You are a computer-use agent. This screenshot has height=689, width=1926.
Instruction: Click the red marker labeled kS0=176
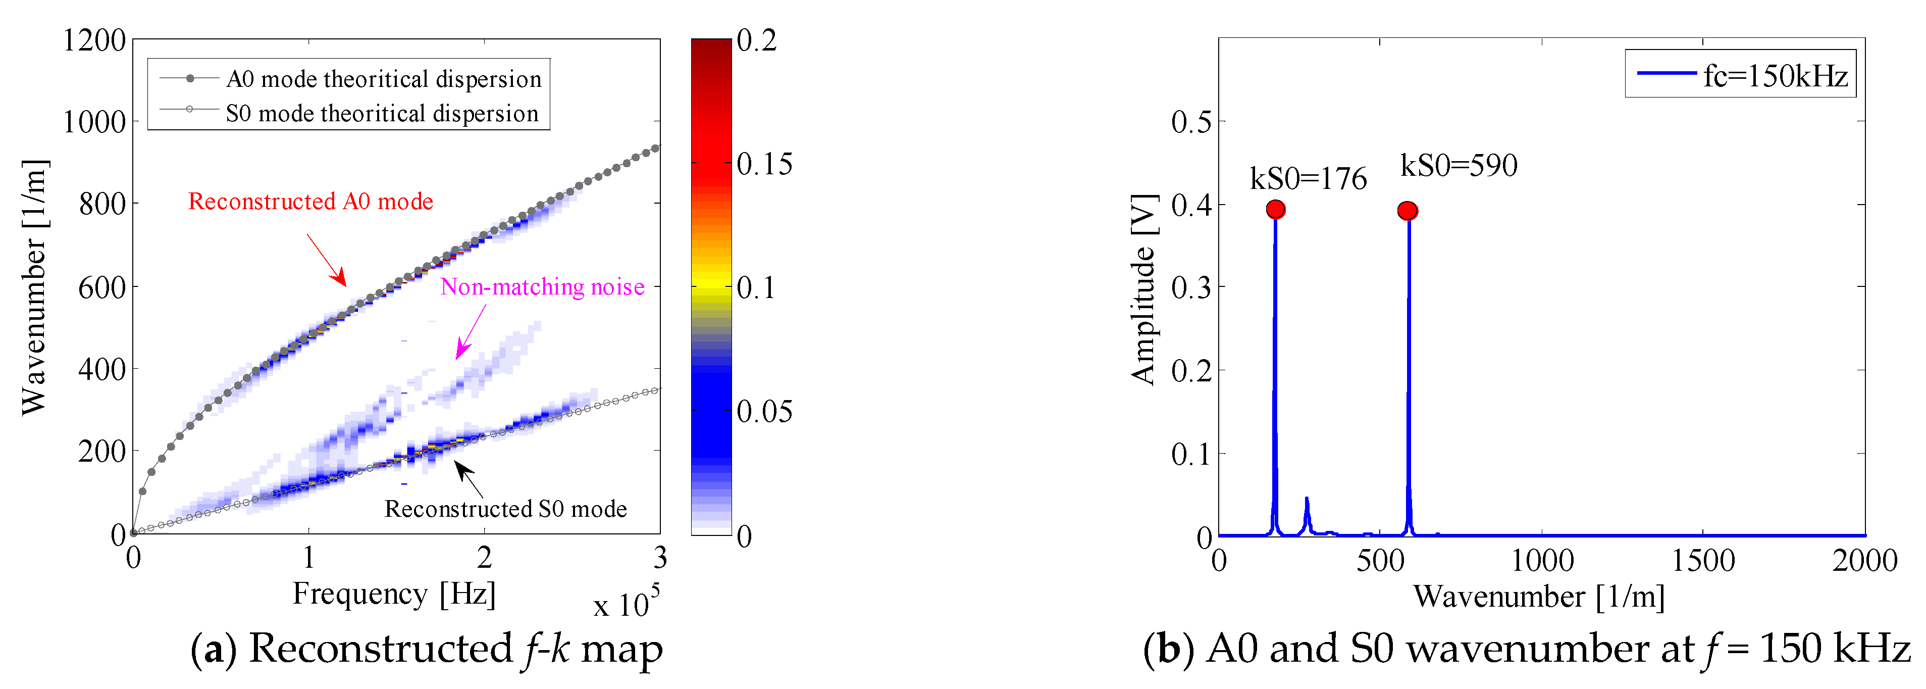[1276, 210]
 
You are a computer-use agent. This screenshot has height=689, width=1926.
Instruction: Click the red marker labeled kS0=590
[1407, 211]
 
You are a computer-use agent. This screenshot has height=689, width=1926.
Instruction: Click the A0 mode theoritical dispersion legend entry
[349, 79]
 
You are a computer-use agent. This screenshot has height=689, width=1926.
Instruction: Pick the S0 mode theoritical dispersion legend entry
[349, 113]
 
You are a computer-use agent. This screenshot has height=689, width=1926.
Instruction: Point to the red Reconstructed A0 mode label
[310, 201]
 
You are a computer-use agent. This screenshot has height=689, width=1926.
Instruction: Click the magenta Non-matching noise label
[542, 286]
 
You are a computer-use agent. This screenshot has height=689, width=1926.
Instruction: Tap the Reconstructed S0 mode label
[505, 509]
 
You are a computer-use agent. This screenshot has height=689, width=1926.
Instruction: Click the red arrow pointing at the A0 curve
[327, 260]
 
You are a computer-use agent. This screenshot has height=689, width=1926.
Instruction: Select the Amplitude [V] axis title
[1143, 289]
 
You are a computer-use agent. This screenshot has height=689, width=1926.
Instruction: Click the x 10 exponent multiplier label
[625, 603]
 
